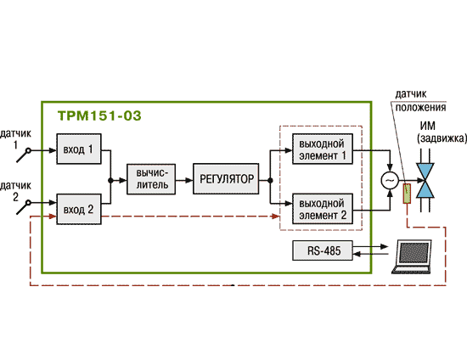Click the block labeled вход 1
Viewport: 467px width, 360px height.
pos(79,149)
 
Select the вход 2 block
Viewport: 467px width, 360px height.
pos(79,210)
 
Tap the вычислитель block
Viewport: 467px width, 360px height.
pos(151,179)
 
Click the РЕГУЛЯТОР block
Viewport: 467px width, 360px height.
pos(226,179)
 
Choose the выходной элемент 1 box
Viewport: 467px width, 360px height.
pos(323,149)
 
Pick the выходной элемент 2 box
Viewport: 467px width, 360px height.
pos(323,209)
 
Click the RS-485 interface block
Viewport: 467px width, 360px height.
pos(323,250)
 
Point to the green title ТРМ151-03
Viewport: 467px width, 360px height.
pos(99,115)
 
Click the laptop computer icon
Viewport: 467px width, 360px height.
pos(412,257)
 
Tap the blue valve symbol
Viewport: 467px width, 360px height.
pos(425,181)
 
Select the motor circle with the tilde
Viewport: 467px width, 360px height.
pos(390,181)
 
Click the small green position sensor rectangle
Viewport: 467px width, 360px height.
pos(407,194)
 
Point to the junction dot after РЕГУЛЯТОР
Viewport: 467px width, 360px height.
pos(270,181)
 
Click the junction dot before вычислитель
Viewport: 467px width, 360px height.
pos(110,181)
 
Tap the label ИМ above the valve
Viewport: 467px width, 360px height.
pos(427,126)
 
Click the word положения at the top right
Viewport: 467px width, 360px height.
pos(420,107)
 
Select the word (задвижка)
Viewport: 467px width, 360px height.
pos(442,138)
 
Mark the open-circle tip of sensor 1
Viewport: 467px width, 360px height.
pos(28,150)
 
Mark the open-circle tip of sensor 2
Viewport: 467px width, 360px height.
pos(28,203)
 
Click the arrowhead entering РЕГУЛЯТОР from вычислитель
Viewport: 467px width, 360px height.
pos(189,181)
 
